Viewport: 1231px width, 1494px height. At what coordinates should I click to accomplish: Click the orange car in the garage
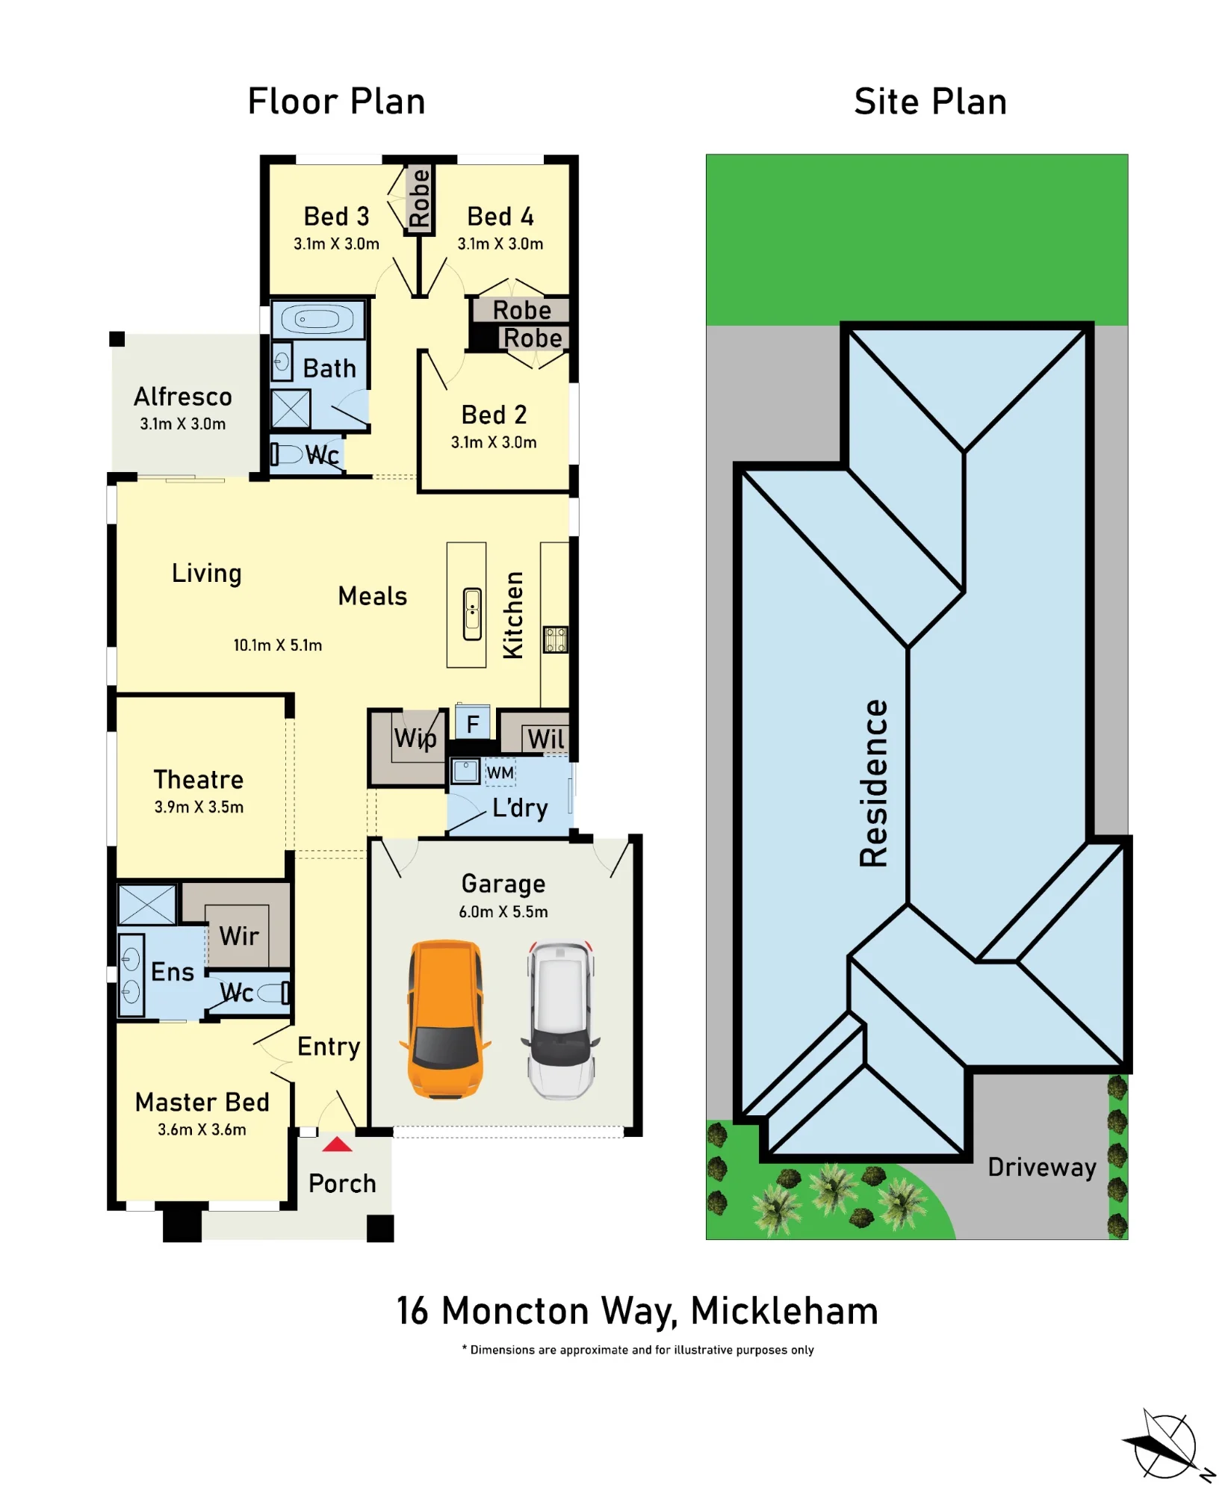(445, 1019)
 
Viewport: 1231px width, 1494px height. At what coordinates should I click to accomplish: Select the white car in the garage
(561, 1020)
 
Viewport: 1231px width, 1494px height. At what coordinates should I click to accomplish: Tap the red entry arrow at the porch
(337, 1144)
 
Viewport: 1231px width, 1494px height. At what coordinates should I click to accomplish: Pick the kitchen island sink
(472, 614)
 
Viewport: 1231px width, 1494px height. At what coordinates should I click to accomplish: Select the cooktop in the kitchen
(555, 639)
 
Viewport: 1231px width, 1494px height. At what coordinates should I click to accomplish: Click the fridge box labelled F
(473, 723)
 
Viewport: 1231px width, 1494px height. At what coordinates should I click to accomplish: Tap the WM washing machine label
(500, 772)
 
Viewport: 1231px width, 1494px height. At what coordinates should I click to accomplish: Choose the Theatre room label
(199, 779)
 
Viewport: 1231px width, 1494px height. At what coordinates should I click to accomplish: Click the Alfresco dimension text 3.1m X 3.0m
(183, 424)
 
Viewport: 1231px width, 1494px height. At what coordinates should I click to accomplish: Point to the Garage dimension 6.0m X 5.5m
(503, 911)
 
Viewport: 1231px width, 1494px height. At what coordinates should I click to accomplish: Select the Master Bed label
(202, 1102)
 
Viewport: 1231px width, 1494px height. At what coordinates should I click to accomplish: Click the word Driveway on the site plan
(1042, 1167)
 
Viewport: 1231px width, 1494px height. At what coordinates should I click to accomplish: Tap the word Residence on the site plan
(874, 783)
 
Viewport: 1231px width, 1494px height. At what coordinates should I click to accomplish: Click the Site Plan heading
(931, 102)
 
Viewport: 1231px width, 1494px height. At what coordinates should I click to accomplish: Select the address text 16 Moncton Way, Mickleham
(637, 1312)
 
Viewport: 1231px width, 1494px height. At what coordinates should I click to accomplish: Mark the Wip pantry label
(415, 738)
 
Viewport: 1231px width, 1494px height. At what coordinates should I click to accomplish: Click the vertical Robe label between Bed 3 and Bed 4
(419, 197)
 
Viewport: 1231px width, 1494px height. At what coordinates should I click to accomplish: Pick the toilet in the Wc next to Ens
(273, 993)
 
